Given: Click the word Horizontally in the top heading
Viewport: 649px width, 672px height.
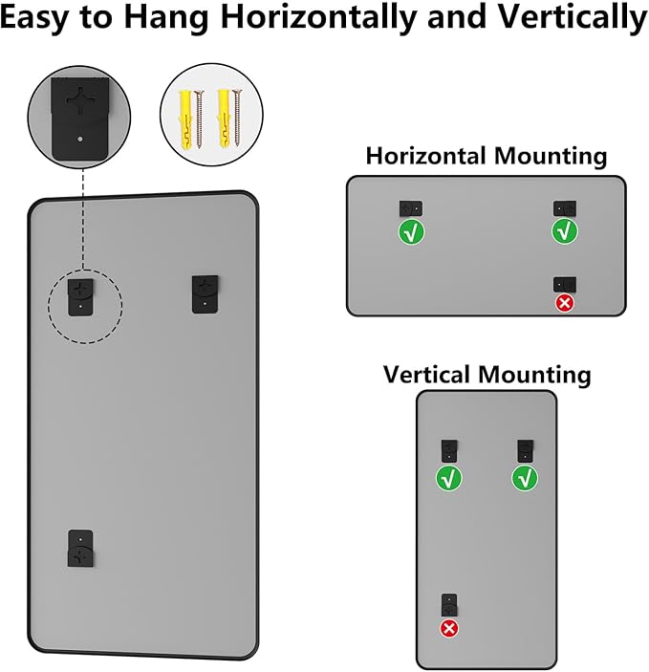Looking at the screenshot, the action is tap(319, 17).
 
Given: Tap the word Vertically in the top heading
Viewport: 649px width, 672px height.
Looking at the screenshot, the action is tap(573, 17).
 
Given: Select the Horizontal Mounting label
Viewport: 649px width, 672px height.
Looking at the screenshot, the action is tap(487, 155).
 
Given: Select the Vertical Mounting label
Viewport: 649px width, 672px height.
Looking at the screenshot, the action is tap(487, 374).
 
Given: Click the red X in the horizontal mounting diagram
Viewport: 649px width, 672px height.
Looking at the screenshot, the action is tap(565, 303).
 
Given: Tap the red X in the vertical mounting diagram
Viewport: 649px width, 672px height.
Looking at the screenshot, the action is tap(449, 629).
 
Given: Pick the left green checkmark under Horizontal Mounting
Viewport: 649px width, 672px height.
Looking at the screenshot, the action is tap(412, 232).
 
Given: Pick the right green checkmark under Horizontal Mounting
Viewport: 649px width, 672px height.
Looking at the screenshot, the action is tap(565, 231).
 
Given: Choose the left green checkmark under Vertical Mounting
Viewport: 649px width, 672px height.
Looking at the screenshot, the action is tap(449, 479).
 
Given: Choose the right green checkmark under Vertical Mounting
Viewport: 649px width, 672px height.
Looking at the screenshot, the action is tap(525, 478).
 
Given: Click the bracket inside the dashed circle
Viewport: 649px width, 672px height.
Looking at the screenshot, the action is tap(80, 297).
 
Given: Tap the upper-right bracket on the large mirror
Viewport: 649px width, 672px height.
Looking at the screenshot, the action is tap(205, 294).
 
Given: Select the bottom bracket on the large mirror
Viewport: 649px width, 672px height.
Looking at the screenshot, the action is tap(80, 549).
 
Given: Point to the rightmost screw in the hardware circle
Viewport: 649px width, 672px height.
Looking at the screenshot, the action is tap(237, 119).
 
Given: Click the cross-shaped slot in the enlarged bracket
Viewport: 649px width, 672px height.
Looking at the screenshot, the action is tap(80, 101).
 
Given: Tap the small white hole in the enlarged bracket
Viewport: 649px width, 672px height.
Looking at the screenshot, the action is tap(80, 140).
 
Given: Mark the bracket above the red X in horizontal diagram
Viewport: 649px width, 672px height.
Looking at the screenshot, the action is tap(565, 285).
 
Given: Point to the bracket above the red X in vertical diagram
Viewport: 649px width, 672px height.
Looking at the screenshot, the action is tap(449, 605).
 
